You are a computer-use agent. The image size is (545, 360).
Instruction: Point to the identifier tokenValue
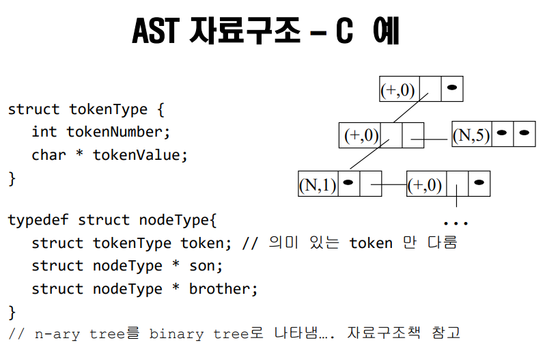[x=139, y=154]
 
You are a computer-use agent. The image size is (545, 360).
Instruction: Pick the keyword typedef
[x=38, y=220]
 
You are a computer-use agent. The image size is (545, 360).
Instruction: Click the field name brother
[x=223, y=289]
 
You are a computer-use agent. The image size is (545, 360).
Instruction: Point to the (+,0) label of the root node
[x=399, y=89]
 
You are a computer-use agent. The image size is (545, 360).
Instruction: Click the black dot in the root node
[x=451, y=88]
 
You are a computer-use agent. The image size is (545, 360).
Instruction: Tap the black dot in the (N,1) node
[x=349, y=183]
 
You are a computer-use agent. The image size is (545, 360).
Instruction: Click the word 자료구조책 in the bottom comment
[x=385, y=333]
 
